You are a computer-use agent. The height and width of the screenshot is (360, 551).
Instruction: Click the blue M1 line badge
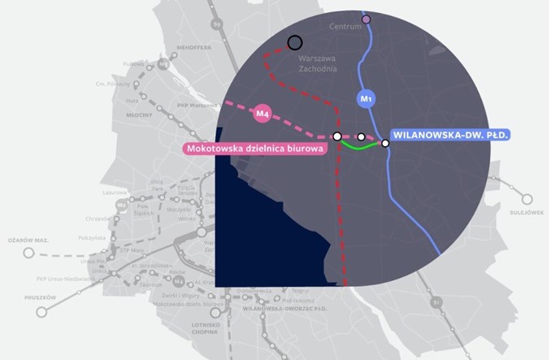coord(366,99)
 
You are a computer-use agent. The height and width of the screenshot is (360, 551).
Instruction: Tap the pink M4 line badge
coord(262,115)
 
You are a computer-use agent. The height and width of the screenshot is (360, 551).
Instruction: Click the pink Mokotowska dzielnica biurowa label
coord(256,149)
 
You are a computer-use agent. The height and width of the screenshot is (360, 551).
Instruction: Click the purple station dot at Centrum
coord(366,19)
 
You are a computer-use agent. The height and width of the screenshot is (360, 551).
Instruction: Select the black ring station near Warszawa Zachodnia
coord(295,42)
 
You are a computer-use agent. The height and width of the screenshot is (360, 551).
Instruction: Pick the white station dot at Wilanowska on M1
coord(385,143)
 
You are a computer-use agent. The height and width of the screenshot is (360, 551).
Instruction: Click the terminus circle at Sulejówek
coord(527,198)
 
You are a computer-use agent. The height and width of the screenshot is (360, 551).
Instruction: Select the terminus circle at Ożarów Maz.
coord(29,253)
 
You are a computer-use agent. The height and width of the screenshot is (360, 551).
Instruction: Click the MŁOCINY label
coord(128,115)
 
